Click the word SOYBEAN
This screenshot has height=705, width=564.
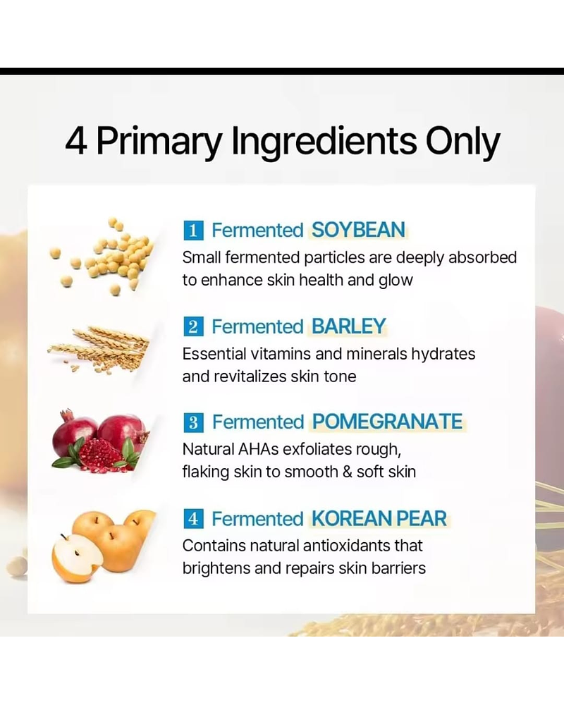(x=358, y=230)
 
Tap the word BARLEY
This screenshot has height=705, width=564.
(x=349, y=326)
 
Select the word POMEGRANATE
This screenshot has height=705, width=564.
(x=387, y=422)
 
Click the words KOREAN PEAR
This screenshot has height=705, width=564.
(x=379, y=519)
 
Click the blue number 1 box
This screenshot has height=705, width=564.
(x=193, y=230)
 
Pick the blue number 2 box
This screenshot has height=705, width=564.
(x=193, y=326)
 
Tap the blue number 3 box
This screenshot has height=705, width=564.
(x=193, y=422)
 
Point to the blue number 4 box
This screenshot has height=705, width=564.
(x=193, y=519)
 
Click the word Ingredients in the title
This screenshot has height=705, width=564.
(x=324, y=141)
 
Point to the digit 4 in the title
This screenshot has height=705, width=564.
(x=76, y=141)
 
